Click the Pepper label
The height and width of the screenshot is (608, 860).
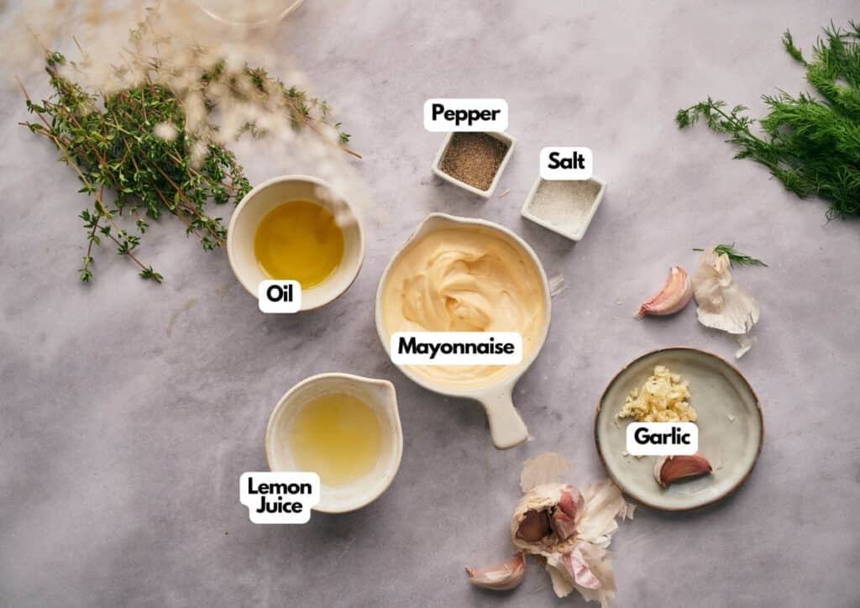tap(465, 114)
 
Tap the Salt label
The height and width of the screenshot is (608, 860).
tap(566, 162)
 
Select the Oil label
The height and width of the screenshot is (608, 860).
tap(280, 296)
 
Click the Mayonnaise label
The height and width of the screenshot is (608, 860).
tap(456, 348)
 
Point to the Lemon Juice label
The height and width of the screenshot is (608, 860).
tap(280, 496)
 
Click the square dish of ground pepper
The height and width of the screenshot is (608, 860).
tap(474, 162)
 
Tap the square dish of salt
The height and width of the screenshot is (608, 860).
tap(564, 207)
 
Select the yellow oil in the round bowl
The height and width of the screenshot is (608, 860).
tap(299, 243)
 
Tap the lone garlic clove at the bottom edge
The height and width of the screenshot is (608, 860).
tap(497, 573)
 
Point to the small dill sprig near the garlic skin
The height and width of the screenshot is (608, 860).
tap(735, 255)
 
